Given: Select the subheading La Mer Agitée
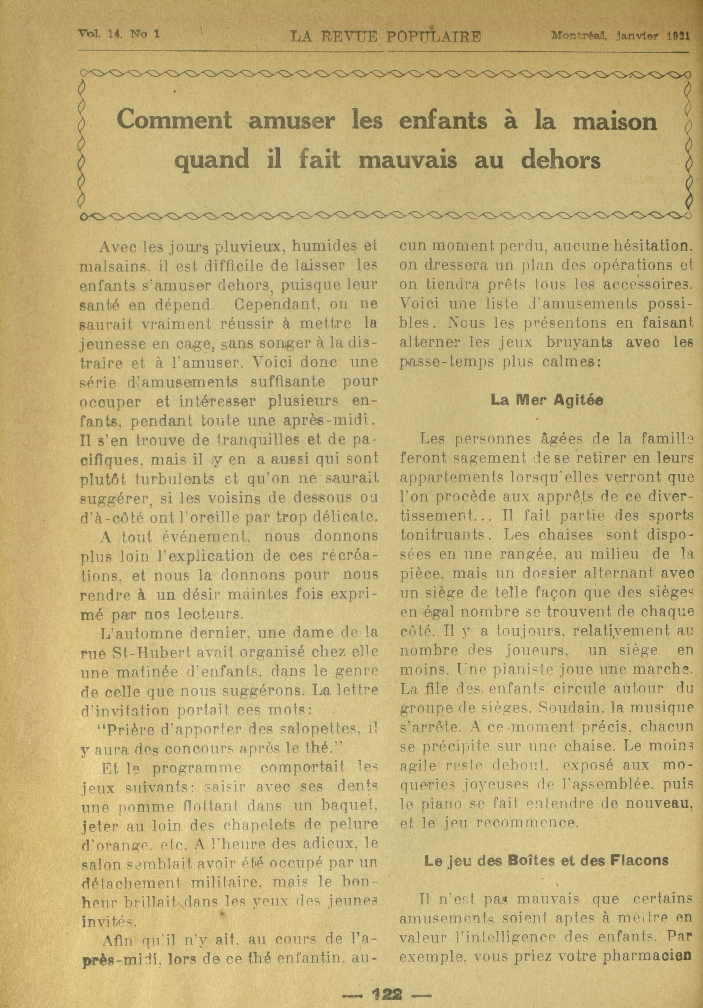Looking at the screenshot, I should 547,400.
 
